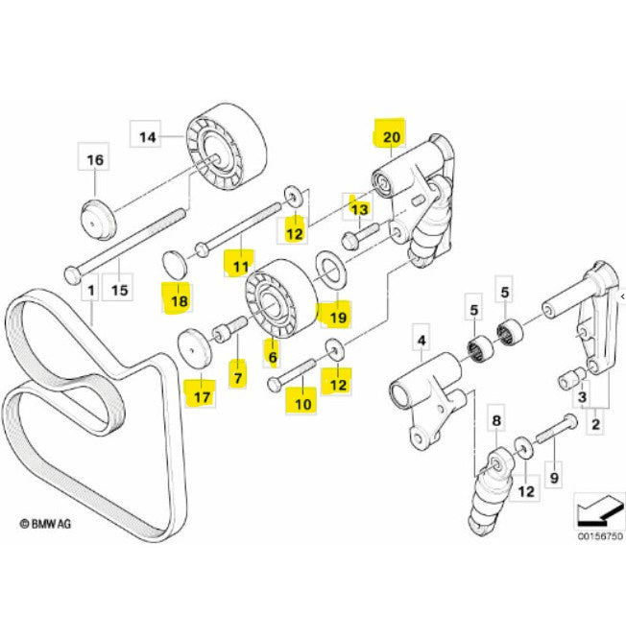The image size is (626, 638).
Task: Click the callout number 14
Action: (x=147, y=137)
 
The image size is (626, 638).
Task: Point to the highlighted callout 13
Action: (x=359, y=206)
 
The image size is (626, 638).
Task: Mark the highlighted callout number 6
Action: (x=272, y=357)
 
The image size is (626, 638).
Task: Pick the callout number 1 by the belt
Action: (x=91, y=289)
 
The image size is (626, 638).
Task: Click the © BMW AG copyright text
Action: (x=50, y=524)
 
